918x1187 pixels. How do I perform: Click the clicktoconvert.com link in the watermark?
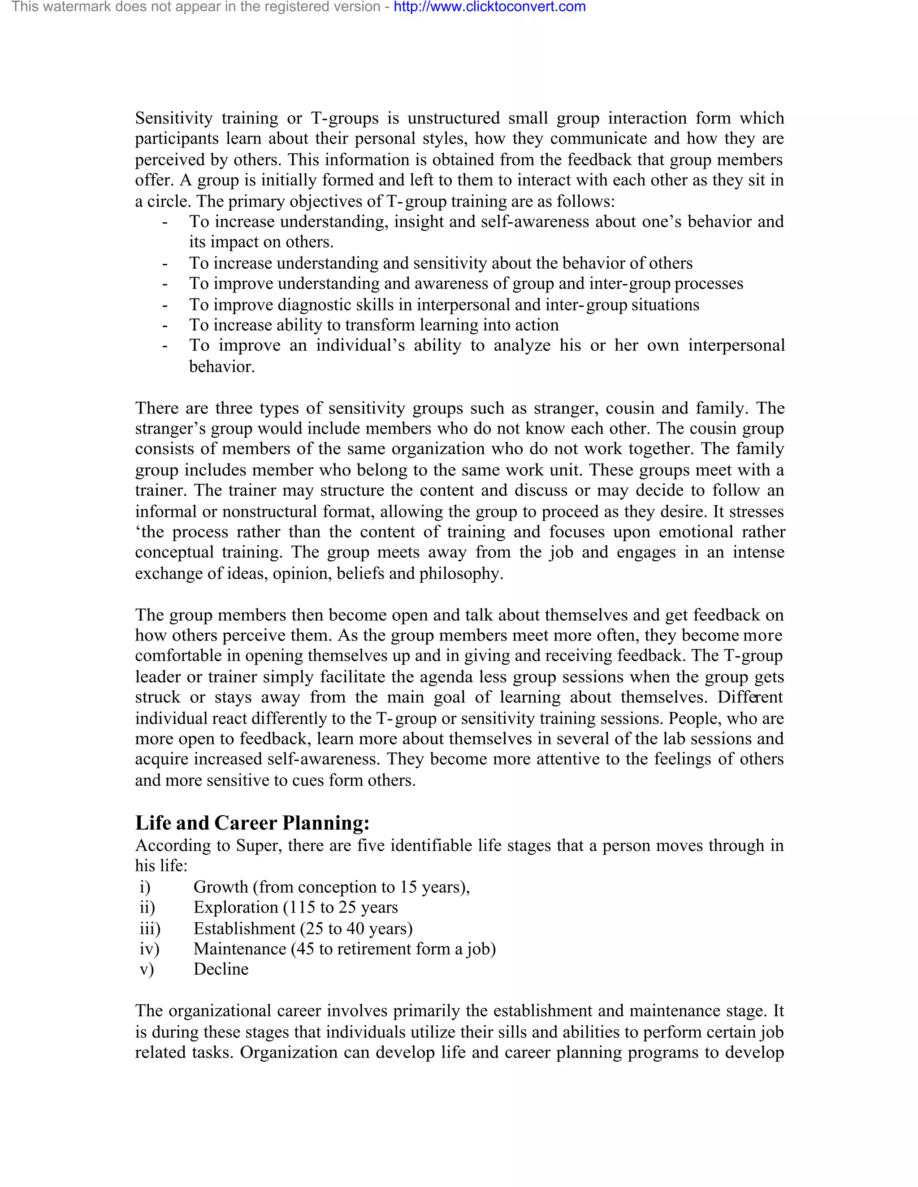point(489,7)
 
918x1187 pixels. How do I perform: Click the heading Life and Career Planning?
point(252,823)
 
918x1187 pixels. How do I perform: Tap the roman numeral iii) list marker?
point(150,929)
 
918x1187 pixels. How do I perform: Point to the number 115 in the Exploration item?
point(301,907)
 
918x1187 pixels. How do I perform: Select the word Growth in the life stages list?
point(220,887)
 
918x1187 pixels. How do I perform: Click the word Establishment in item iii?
point(244,929)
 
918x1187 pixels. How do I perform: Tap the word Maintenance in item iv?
point(240,949)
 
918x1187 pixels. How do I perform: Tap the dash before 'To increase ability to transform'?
point(164,325)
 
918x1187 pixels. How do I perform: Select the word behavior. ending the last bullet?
point(222,367)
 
